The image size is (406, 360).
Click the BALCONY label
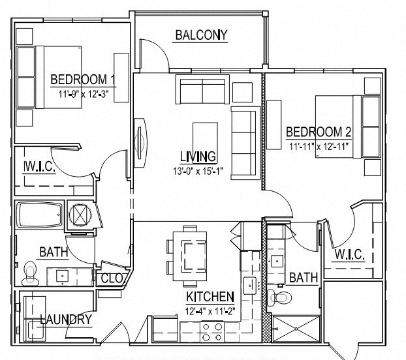click(200, 35)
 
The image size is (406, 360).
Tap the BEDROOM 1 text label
click(83, 80)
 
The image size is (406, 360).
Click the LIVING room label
click(198, 157)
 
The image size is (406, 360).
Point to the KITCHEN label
click(210, 295)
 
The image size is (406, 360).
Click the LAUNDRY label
click(65, 320)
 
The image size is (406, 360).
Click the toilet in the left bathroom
click(29, 273)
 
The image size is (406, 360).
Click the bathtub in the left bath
click(39, 214)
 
